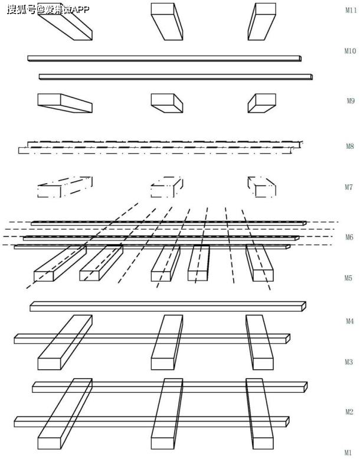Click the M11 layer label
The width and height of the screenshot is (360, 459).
[349, 10]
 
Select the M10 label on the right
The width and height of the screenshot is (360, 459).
[350, 51]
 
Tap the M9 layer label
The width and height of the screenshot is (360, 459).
[350, 101]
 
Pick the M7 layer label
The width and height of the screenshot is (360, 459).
[350, 188]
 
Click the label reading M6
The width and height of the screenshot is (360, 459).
[350, 237]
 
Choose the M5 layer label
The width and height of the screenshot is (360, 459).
[350, 278]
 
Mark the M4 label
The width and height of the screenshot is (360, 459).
[350, 321]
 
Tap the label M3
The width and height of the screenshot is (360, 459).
[349, 362]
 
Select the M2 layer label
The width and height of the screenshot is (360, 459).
[349, 412]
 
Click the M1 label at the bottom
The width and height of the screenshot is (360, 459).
[349, 453]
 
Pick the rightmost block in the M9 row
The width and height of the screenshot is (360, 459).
[261, 103]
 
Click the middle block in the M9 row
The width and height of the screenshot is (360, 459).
[166, 103]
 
